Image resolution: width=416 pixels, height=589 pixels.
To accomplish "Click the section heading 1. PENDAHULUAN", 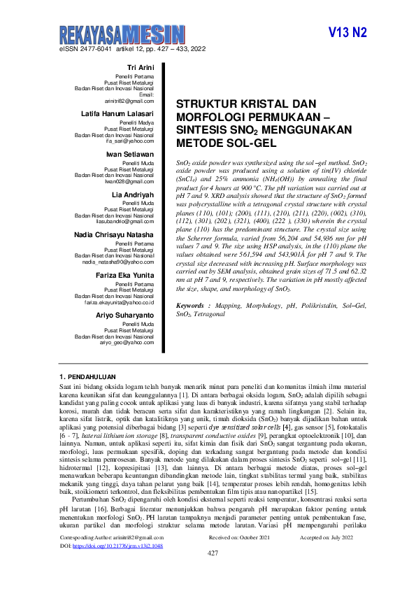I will coord(89,377).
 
